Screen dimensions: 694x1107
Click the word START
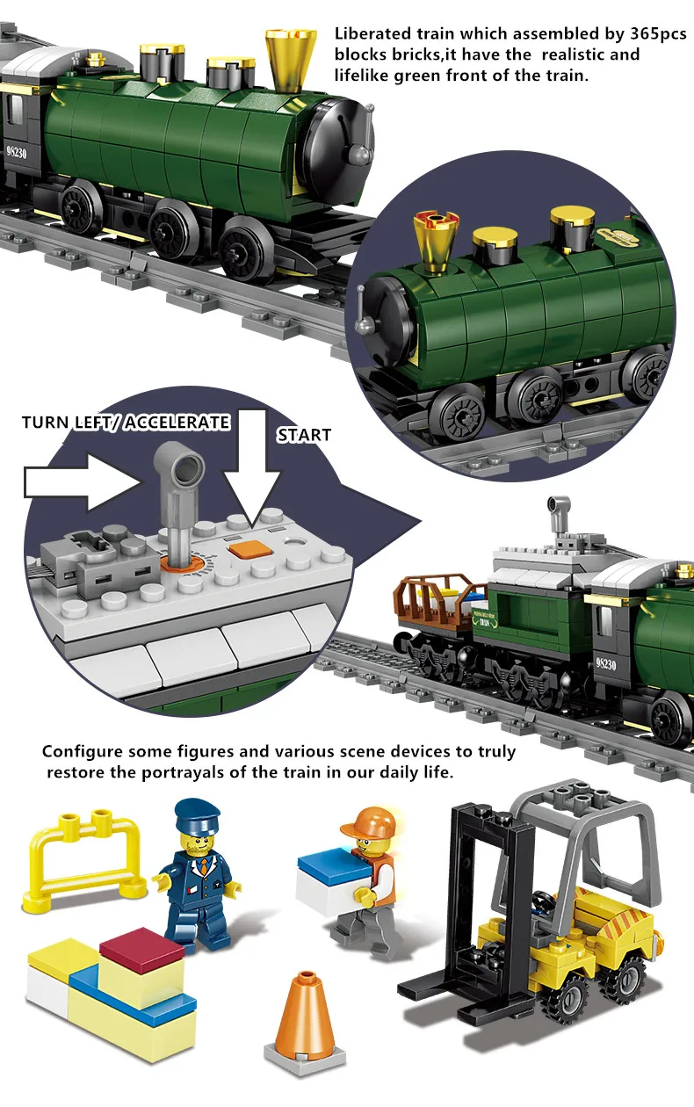pyautogui.click(x=304, y=435)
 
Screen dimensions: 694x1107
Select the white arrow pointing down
pyautogui.click(x=252, y=465)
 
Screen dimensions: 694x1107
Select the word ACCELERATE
pyautogui.click(x=177, y=423)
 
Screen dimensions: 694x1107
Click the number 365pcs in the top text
pyautogui.click(x=657, y=33)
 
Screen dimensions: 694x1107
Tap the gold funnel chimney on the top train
pyautogui.click(x=291, y=60)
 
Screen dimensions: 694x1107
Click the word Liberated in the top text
pyautogui.click(x=372, y=33)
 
